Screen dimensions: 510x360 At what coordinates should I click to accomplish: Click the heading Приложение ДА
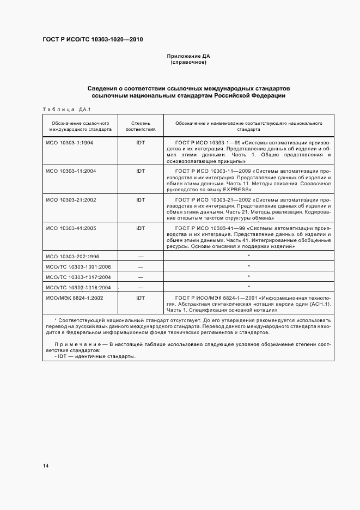point(188,56)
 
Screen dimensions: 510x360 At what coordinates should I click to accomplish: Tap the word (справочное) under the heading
point(188,62)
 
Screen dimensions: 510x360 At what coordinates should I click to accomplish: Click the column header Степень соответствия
point(141,126)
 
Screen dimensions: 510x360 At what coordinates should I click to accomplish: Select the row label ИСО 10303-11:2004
point(71,171)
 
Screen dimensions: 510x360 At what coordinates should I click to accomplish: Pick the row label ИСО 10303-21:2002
point(71,200)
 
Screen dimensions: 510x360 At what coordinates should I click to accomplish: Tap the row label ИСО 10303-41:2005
point(71,228)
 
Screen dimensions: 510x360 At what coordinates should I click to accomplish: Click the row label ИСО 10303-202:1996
point(72,257)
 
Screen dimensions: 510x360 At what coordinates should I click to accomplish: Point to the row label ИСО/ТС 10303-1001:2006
point(78,266)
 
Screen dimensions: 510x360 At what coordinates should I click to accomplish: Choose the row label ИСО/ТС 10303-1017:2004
point(78,277)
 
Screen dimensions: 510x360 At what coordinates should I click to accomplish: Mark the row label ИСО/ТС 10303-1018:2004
point(78,287)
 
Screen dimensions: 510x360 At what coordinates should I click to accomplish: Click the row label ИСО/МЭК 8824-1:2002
point(75,297)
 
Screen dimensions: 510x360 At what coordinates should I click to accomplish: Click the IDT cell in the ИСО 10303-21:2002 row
point(141,200)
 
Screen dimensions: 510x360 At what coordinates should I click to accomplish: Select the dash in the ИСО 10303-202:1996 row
point(141,257)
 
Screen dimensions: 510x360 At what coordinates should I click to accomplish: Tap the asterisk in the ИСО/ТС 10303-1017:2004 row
point(249,276)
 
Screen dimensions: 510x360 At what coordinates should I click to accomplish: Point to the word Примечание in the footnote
point(75,344)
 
